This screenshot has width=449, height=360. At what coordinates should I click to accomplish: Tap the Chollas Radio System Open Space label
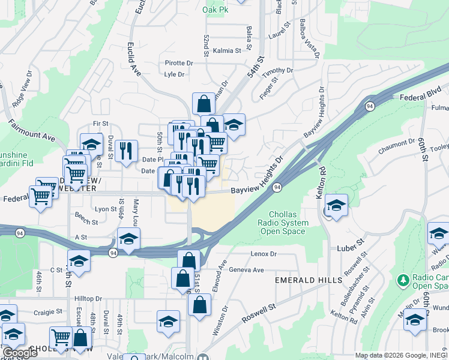point(283,223)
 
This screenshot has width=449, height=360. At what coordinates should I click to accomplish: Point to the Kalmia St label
point(226,51)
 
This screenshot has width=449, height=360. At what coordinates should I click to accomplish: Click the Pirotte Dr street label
point(179,62)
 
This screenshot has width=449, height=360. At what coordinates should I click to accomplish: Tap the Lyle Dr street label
point(174,74)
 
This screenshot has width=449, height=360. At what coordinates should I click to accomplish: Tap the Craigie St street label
point(48,312)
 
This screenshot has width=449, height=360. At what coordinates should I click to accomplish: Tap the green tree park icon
point(403,280)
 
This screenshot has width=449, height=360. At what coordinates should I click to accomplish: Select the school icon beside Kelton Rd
point(337,206)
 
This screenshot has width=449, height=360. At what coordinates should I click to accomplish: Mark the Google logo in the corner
point(20,353)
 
